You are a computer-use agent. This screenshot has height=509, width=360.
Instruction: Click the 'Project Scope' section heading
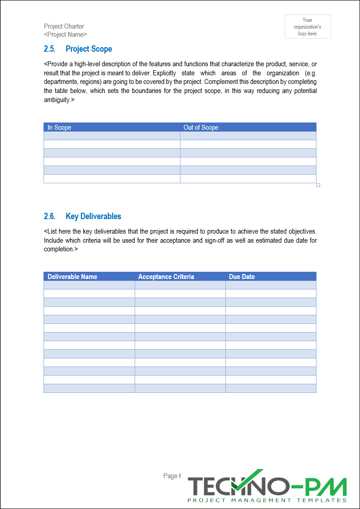(88, 49)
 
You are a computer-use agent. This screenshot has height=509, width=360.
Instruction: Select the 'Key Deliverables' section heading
(93, 216)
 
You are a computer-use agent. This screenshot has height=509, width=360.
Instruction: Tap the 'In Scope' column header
(59, 127)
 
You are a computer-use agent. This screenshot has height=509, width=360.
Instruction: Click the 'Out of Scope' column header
(201, 127)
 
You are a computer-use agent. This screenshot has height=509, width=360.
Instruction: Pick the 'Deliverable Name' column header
(72, 277)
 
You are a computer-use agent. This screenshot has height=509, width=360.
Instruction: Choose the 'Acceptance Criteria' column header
(166, 277)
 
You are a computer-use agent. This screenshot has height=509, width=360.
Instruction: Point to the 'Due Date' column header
(242, 277)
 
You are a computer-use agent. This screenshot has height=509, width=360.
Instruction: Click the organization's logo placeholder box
(307, 26)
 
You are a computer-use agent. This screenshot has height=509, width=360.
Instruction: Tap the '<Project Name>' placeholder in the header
(65, 34)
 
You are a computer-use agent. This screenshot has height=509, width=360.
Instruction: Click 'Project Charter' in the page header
(64, 26)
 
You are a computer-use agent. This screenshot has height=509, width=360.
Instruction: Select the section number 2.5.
(50, 49)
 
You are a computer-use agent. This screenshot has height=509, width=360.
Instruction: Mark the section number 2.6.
(50, 216)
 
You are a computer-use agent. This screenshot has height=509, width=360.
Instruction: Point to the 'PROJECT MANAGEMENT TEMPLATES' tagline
(267, 500)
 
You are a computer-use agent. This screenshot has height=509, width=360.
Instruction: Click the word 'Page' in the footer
(170, 476)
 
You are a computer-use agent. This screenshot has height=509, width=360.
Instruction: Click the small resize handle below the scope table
(318, 185)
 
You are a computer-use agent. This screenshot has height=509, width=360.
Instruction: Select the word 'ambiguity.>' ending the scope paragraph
(59, 100)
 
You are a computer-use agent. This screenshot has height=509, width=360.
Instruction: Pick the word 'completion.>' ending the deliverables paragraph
(61, 249)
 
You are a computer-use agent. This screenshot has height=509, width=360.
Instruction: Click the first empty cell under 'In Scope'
(112, 136)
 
